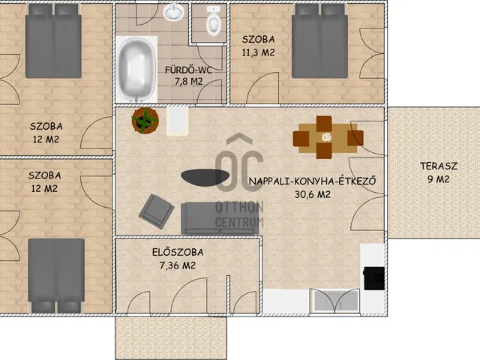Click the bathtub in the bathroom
coord(136,70)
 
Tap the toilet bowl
coord(213,21)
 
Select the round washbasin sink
coord(173,12)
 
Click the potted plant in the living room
coord(145,120)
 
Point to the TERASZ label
coord(439,166)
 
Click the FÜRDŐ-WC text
coord(188,70)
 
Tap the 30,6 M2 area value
coord(312,194)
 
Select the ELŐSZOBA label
coord(178,252)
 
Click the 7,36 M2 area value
coord(177,265)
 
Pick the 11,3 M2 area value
coord(258,52)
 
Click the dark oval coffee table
coord(205,177)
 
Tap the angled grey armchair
coord(157,211)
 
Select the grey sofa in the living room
coord(220,218)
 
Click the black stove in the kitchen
coord(373,278)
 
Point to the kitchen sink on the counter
coord(334,300)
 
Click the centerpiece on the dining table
coord(327,137)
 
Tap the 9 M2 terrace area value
coord(438,179)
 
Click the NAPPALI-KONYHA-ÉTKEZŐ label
coord(312,181)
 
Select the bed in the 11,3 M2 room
coord(319,42)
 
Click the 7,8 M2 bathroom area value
coord(188,82)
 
